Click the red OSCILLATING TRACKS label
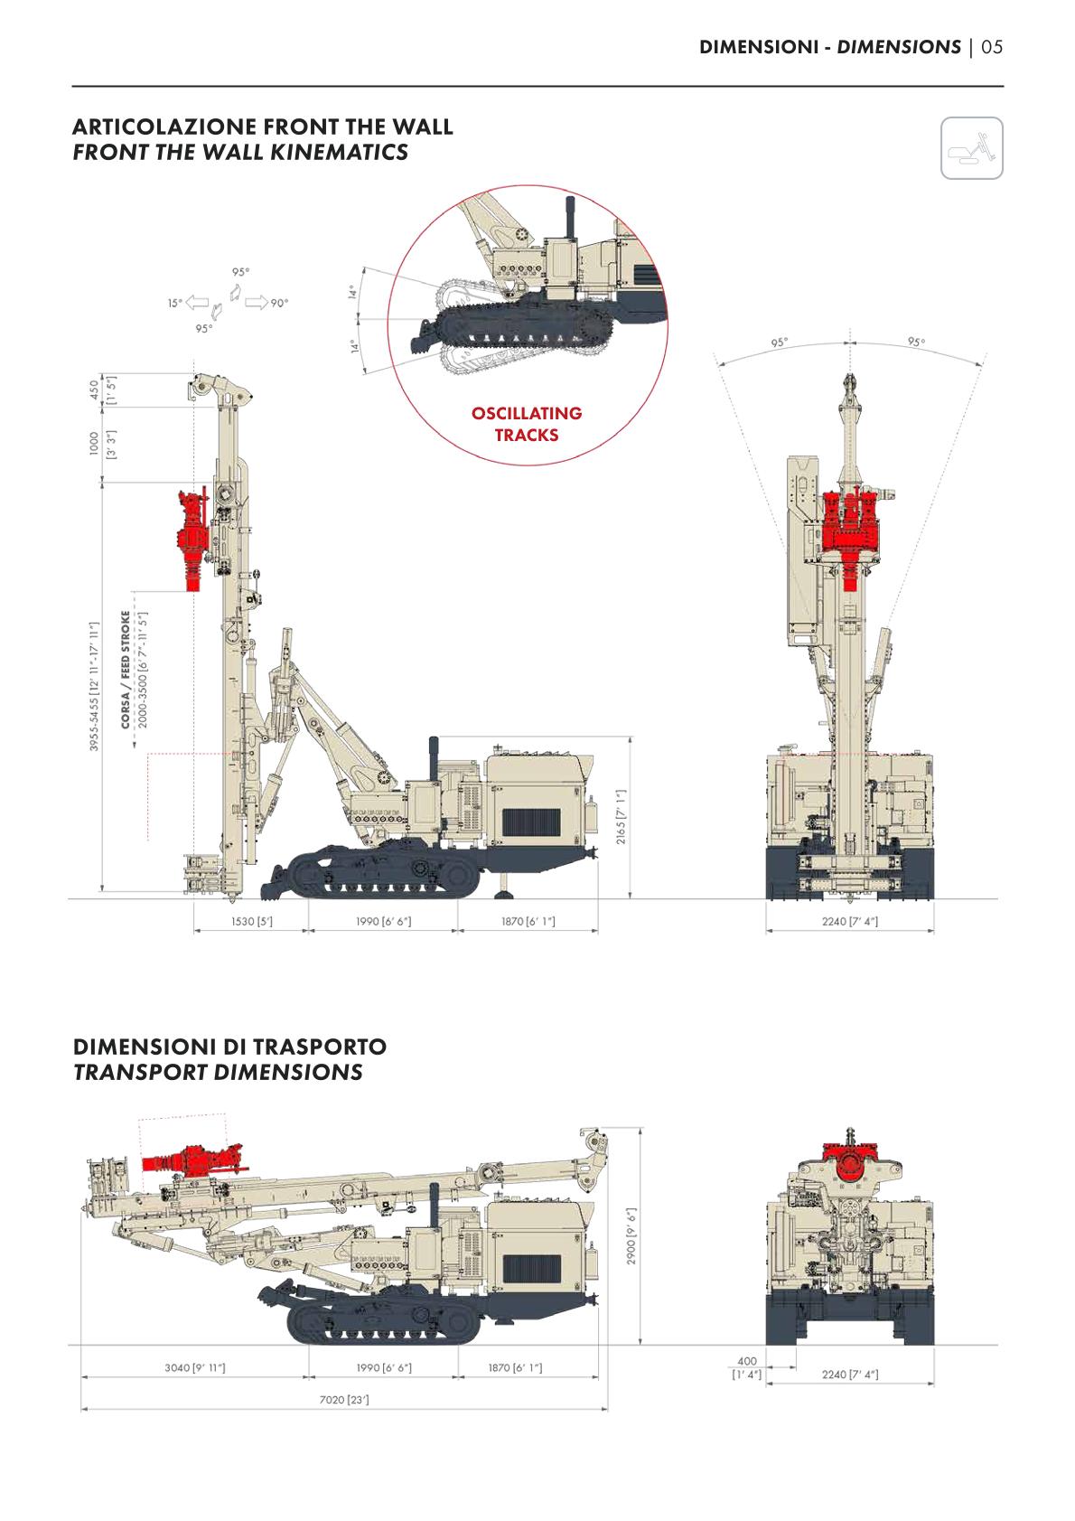[x=527, y=424]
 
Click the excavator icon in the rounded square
[x=971, y=147]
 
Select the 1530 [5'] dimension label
[x=252, y=922]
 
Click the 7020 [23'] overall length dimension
[x=344, y=1400]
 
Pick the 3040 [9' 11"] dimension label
[x=194, y=1367]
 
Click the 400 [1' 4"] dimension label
[x=747, y=1367]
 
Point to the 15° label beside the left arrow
[x=175, y=303]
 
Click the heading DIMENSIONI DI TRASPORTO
[x=229, y=1047]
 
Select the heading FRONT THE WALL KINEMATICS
[x=240, y=151]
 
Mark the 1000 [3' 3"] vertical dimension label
[x=100, y=443]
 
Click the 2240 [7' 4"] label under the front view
[x=850, y=922]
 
